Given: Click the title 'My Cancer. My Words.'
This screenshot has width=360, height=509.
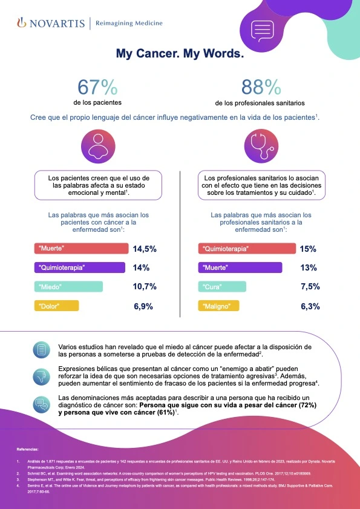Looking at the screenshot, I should [180, 54].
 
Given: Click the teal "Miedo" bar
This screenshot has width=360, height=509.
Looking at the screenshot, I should [69, 286].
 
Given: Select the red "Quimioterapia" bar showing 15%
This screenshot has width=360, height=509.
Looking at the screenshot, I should [246, 249].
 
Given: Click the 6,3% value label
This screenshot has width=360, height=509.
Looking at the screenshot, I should [310, 306].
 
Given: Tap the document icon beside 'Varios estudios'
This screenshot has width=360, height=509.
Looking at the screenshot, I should [42, 350].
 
